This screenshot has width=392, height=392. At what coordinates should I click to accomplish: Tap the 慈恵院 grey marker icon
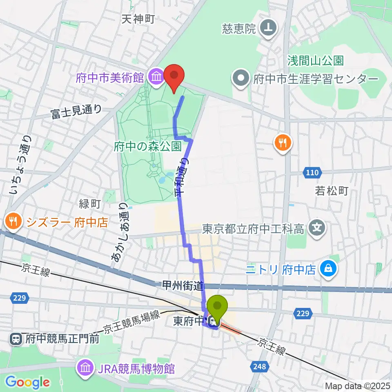click(x=269, y=29)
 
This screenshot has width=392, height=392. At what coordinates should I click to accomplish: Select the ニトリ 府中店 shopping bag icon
click(x=328, y=269)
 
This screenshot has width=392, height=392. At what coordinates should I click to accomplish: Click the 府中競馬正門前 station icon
click(x=16, y=339)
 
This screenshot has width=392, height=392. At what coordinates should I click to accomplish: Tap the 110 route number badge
click(x=312, y=173)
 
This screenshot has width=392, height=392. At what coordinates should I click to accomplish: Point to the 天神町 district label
click(x=138, y=19)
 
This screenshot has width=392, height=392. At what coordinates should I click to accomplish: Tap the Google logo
click(x=27, y=382)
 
